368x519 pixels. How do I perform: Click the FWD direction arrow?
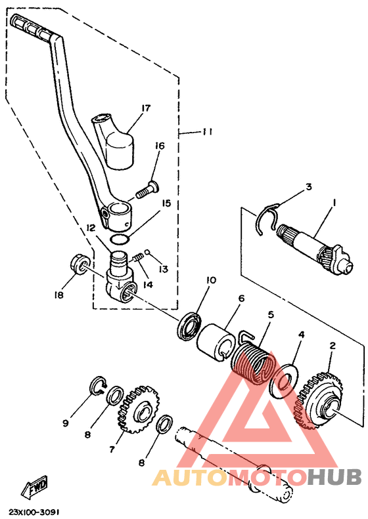pyautogui.click(x=34, y=488)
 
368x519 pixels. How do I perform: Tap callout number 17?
pyautogui.click(x=145, y=108)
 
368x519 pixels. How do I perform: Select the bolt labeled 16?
pyautogui.click(x=148, y=189)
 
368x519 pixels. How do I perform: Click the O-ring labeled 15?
pyautogui.click(x=119, y=239)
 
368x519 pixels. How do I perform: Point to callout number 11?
pyautogui.click(x=208, y=132)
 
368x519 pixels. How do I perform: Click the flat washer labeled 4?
pyautogui.click(x=284, y=381)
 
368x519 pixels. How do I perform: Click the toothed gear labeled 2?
pyautogui.click(x=321, y=400)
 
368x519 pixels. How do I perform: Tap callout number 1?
pyautogui.click(x=334, y=202)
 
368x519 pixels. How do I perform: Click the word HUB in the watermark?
pyautogui.click(x=334, y=476)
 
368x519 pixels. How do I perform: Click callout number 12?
pyautogui.click(x=91, y=228)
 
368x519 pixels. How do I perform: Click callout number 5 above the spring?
pyautogui.click(x=271, y=314)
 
